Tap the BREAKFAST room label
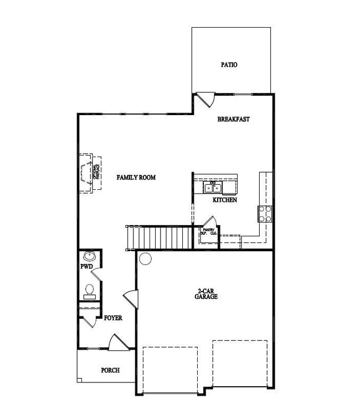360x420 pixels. [x=233, y=119]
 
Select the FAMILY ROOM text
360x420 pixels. [x=136, y=178]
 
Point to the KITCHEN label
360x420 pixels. [x=225, y=200]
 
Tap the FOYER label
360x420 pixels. [x=113, y=319]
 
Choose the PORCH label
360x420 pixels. [x=110, y=370]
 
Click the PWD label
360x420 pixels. [x=86, y=267]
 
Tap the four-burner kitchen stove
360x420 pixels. [x=264, y=213]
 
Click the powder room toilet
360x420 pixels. [x=90, y=290]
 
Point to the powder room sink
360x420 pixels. [x=89, y=257]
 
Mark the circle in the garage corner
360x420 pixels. [x=146, y=258]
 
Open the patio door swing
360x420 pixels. [x=207, y=100]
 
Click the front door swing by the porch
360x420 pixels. [x=117, y=343]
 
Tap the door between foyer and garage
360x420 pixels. [x=131, y=299]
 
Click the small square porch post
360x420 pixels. [x=80, y=380]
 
